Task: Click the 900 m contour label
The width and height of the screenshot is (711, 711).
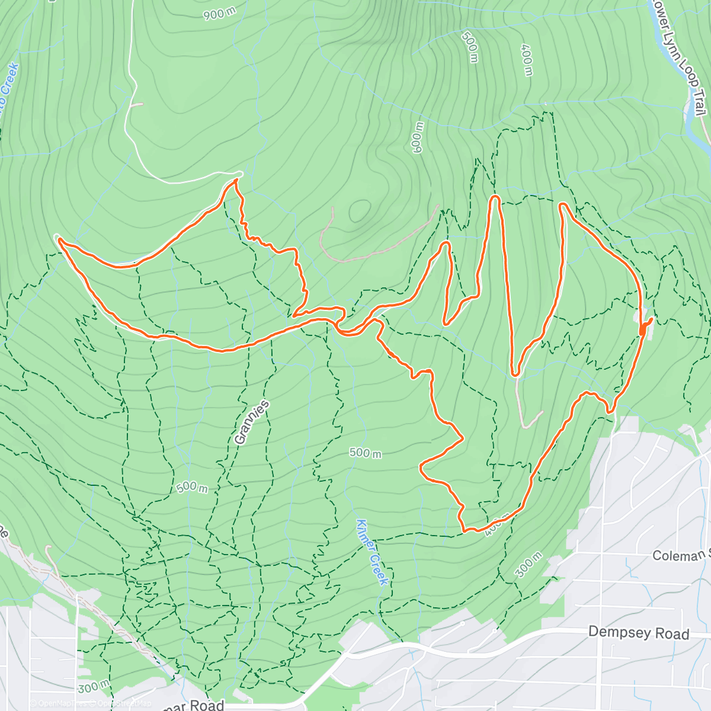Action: pyautogui.click(x=220, y=14)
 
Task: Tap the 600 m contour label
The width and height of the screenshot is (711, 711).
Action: pyautogui.click(x=418, y=137)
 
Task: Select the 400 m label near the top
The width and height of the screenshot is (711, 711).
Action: pyautogui.click(x=527, y=59)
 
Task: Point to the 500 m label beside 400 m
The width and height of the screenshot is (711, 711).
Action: pyautogui.click(x=469, y=47)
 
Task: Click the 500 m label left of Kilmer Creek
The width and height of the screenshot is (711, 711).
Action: pyautogui.click(x=365, y=453)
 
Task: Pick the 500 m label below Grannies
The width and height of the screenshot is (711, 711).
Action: pyautogui.click(x=192, y=487)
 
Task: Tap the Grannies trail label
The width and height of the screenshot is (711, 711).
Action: pyautogui.click(x=252, y=422)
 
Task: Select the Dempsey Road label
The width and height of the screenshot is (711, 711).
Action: pyautogui.click(x=638, y=633)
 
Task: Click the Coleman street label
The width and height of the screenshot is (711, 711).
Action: pyautogui.click(x=680, y=555)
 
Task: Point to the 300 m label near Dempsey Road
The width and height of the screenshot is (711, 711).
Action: pyautogui.click(x=528, y=565)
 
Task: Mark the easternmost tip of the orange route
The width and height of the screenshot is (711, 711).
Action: pyautogui.click(x=652, y=319)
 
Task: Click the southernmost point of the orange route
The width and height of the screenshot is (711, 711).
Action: pyautogui.click(x=466, y=530)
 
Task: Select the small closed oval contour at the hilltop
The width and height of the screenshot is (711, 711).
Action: pyautogui.click(x=359, y=210)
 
